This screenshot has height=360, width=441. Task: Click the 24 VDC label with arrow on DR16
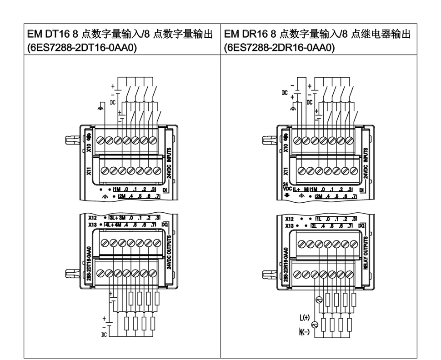coord(287,187)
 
